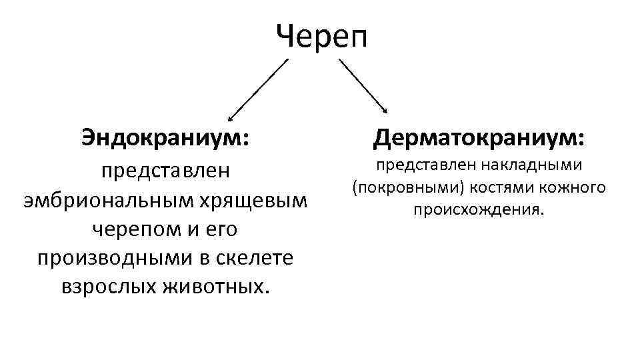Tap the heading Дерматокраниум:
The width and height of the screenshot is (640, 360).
point(479,138)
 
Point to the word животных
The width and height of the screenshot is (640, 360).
point(219,286)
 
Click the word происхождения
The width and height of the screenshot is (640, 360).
point(479,210)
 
